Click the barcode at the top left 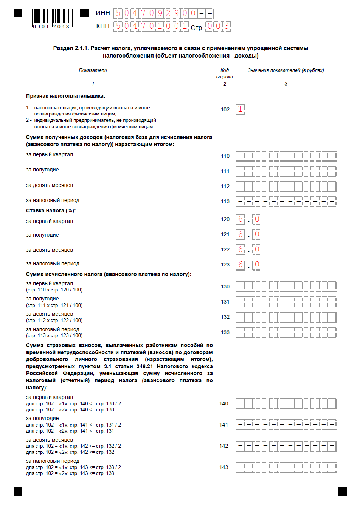click(x=51, y=19)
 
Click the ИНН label click(x=103, y=13)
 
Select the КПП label click(x=103, y=26)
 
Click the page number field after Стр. click(x=218, y=26)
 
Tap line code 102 click(x=225, y=109)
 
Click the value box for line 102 click(x=240, y=109)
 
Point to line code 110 click(x=225, y=156)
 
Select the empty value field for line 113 click(x=286, y=201)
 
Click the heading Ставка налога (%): click(x=51, y=210)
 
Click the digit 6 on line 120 click(x=240, y=219)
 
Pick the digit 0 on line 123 click(x=257, y=265)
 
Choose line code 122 click(x=225, y=249)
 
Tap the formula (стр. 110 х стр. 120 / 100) click(x=54, y=290)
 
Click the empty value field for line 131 click(x=286, y=302)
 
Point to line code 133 click(x=225, y=332)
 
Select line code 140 click(x=224, y=403)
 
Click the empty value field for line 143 click(x=286, y=467)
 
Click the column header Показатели click(x=93, y=70)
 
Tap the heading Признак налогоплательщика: click(x=66, y=96)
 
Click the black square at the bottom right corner click(x=343, y=491)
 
